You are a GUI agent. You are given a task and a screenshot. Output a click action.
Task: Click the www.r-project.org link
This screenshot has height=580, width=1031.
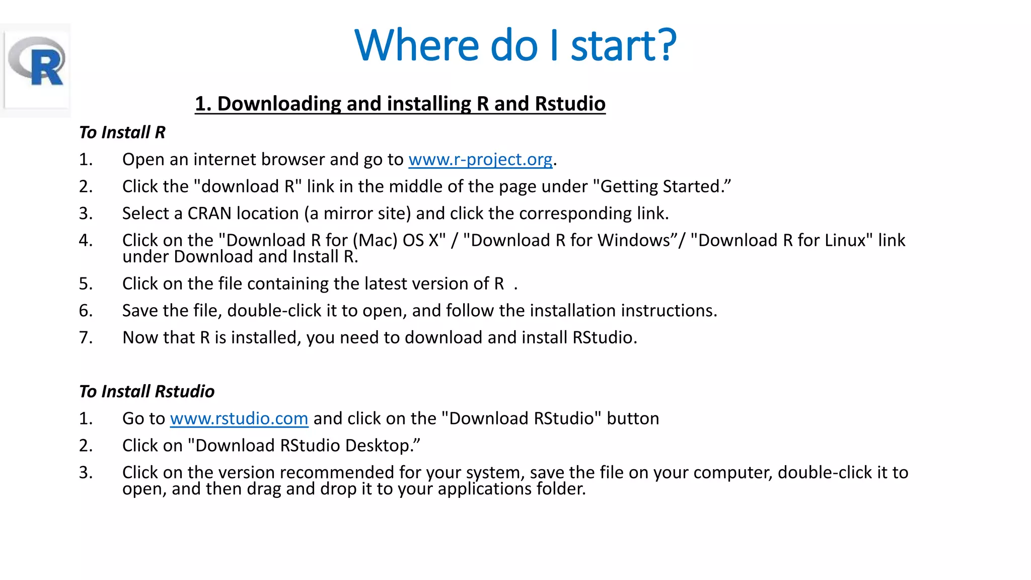pos(480,160)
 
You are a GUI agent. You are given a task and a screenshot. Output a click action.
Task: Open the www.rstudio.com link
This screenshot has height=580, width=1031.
pos(239,419)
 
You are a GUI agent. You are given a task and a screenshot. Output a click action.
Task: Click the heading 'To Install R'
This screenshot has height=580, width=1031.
pos(122,132)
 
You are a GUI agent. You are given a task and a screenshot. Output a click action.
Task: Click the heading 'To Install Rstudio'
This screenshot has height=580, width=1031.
pos(147,392)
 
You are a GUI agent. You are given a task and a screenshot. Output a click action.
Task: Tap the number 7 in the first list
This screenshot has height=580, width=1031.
pos(86,338)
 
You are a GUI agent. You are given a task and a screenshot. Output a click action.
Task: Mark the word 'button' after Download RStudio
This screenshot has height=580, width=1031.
pos(633,419)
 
